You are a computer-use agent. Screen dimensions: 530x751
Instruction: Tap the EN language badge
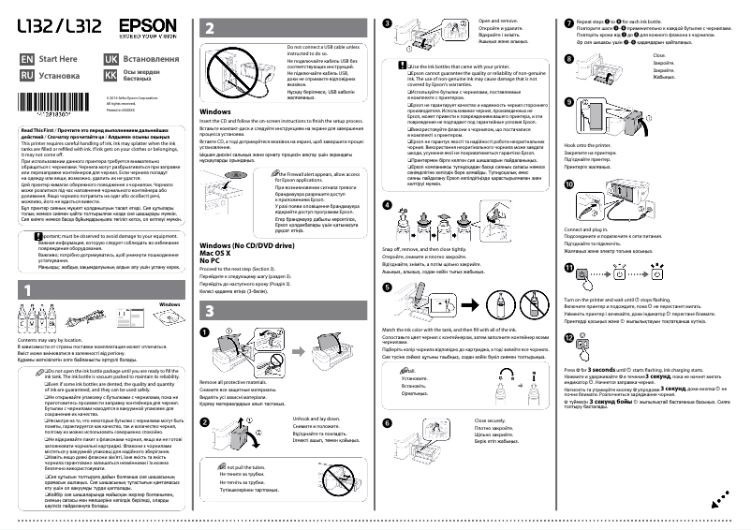click(27, 58)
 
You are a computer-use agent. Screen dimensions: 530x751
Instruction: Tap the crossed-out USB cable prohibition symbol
click(222, 69)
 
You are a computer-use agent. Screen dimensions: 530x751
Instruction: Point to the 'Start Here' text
click(57, 58)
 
